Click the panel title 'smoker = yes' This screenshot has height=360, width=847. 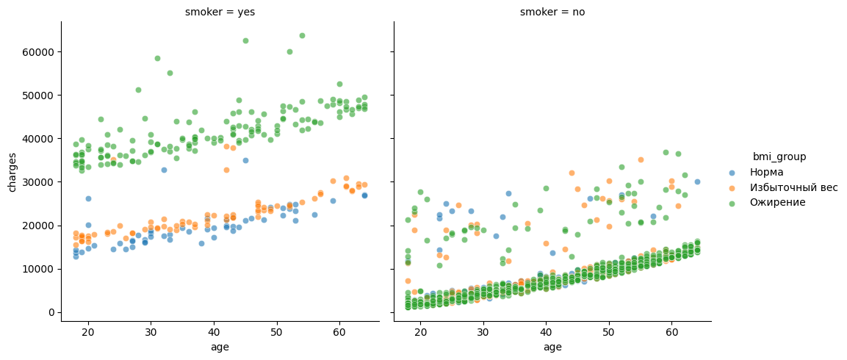coord(220,12)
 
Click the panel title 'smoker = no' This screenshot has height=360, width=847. coord(552,12)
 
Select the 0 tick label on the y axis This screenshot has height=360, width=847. coord(51,312)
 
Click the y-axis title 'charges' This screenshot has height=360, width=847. coord(12,172)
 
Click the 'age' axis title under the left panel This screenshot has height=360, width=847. coord(220,347)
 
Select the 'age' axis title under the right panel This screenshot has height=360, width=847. coord(552,347)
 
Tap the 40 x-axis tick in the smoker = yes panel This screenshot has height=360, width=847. coord(214,333)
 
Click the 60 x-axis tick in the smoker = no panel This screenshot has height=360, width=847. coord(671,333)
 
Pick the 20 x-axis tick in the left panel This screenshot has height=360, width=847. coord(88,333)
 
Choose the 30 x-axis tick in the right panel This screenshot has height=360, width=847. coord(483,333)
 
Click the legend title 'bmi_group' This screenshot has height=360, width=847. coord(779,156)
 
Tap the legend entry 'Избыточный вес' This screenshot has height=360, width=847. coord(793,187)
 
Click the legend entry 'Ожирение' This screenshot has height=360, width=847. coord(776,203)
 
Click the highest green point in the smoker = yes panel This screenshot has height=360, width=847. coord(302,35)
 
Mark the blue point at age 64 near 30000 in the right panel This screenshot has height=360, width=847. coord(697,181)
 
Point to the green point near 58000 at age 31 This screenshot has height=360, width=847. coord(157,58)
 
